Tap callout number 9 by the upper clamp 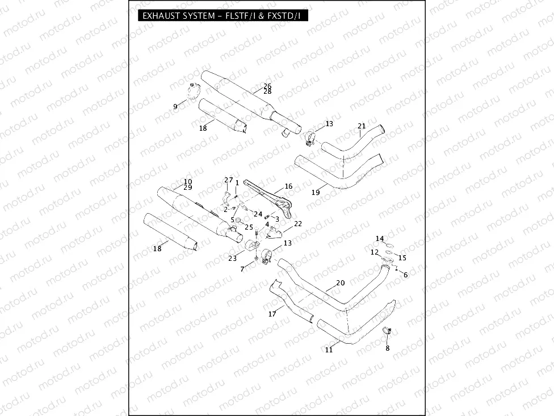click(175, 106)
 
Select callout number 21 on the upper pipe click(362, 126)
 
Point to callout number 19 click(316, 193)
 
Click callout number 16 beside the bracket click(288, 186)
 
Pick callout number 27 click(228, 180)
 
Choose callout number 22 click(298, 224)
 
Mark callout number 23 click(232, 258)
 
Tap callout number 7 click(243, 268)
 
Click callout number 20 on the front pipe click(340, 283)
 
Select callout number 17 click(272, 314)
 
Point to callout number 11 click(329, 350)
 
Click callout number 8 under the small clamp click(388, 348)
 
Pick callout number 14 click(380, 238)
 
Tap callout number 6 click(405, 274)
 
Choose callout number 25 click(249, 227)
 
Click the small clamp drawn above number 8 click(388, 331)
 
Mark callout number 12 click(375, 252)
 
